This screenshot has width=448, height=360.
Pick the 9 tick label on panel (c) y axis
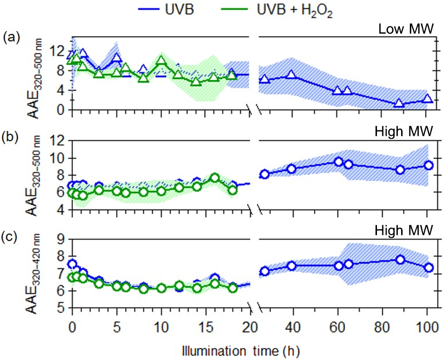[x=60, y=239]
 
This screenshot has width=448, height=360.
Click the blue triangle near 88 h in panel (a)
[x=399, y=103]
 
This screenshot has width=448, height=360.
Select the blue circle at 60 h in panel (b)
[x=338, y=162]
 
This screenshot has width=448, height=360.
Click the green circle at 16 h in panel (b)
[x=215, y=177]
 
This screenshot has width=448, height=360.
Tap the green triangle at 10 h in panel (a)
[x=161, y=60]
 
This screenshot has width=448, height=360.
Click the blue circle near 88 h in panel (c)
[x=400, y=259]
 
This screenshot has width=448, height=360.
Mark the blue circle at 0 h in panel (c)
[x=72, y=264]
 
